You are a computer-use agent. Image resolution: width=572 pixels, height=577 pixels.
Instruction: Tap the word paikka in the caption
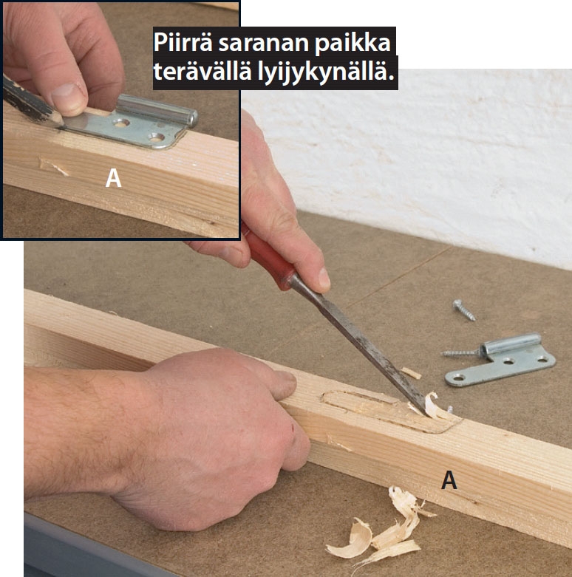tap(353, 43)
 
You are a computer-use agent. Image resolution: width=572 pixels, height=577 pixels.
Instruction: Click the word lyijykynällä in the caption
tap(325, 72)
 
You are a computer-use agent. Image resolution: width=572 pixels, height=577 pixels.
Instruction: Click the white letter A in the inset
tap(113, 178)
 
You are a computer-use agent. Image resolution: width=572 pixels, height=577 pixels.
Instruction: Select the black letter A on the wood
tap(449, 479)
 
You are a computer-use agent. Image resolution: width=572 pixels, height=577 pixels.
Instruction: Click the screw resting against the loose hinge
tap(462, 353)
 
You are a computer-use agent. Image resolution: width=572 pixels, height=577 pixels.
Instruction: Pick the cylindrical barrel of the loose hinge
tap(511, 344)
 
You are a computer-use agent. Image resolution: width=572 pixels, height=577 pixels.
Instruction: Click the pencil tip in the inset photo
tap(60, 120)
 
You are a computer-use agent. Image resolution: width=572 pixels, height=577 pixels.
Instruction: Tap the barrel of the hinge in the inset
tap(157, 109)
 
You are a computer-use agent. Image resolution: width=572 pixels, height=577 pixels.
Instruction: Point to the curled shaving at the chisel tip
tap(435, 406)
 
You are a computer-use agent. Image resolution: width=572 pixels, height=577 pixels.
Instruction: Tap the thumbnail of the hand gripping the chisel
tap(324, 278)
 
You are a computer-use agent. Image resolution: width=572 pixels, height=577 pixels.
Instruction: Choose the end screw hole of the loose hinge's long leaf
tap(458, 378)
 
